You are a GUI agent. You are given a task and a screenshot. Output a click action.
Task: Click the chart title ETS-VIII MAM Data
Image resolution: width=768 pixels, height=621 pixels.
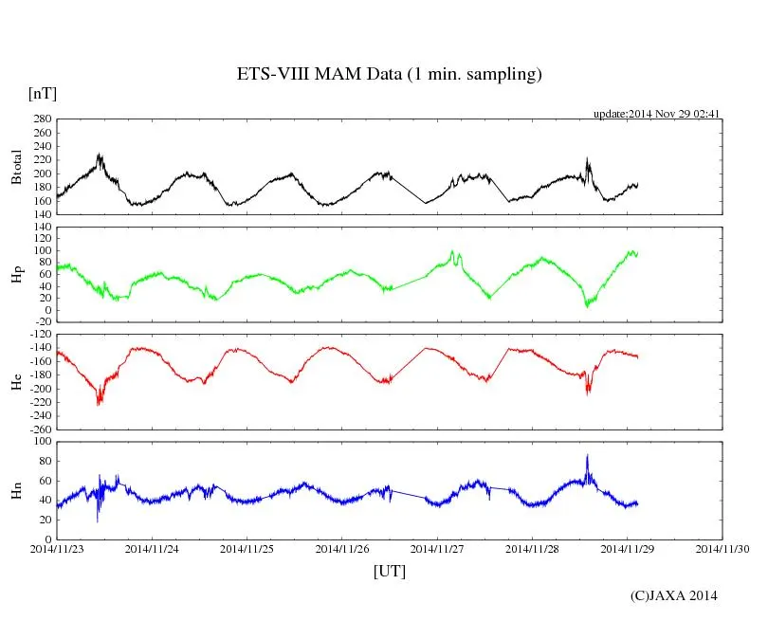point(389,75)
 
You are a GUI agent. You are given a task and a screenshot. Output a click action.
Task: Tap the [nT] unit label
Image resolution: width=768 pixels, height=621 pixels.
point(43,94)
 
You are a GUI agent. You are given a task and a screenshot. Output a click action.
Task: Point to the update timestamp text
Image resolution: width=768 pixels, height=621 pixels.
point(657,114)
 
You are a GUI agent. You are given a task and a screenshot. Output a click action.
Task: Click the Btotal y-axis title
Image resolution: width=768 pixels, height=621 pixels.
point(17,167)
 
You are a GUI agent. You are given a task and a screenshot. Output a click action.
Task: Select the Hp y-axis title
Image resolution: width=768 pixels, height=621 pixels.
point(17,275)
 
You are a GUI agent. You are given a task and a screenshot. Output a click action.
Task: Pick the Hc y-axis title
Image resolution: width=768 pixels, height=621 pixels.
point(17,381)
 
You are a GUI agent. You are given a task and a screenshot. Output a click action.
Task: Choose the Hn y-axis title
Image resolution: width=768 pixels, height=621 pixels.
point(17,489)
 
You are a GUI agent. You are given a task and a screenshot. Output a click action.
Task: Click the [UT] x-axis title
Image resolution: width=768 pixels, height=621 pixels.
point(390,572)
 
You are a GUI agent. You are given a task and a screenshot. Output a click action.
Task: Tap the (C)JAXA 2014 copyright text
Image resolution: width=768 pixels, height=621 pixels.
point(673,595)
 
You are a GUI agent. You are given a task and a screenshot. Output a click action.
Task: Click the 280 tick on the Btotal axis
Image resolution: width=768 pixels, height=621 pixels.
point(41,119)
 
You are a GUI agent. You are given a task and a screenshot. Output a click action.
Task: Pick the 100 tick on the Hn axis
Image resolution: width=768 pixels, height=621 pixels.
point(41,442)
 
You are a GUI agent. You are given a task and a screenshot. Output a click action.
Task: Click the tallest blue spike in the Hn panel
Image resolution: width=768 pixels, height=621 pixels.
point(587,456)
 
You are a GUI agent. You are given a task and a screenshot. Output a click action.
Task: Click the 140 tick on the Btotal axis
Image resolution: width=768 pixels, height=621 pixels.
point(41,214)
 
